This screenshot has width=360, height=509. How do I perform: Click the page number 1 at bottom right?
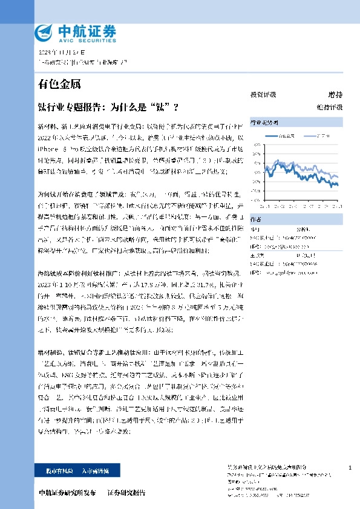[x=350, y=468]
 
